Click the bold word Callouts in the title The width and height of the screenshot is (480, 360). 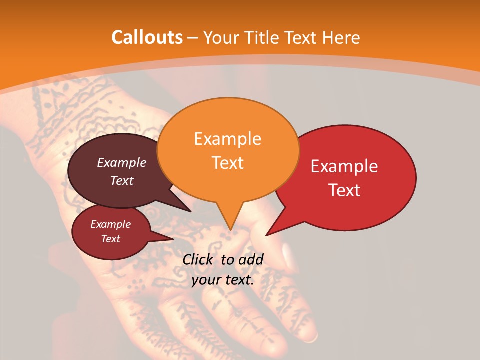[x=147, y=37]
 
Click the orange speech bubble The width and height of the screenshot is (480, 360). [x=228, y=150]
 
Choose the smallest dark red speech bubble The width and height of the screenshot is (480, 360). [x=111, y=232]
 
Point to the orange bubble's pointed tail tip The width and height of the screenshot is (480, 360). [x=230, y=230]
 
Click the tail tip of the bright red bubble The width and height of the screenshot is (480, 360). [x=266, y=235]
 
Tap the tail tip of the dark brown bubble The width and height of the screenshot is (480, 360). [x=190, y=211]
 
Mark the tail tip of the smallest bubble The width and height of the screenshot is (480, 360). [x=173, y=239]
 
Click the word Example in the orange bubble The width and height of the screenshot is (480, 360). [x=227, y=139]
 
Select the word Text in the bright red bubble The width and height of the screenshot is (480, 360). [x=345, y=190]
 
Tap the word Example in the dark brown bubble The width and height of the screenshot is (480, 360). [x=122, y=163]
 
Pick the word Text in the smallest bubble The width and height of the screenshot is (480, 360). [x=111, y=239]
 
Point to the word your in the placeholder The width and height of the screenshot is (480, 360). [x=206, y=280]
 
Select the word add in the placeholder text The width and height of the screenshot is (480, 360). [x=251, y=259]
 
